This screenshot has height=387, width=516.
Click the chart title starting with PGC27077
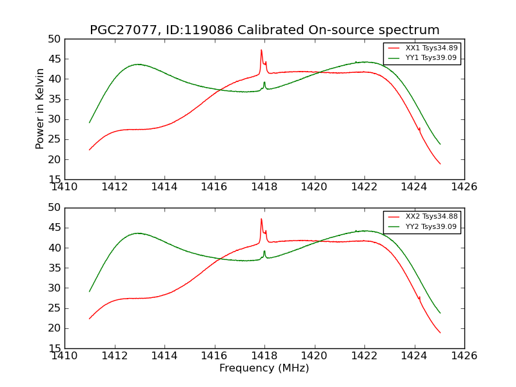[264, 30]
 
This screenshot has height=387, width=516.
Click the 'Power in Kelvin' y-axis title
[40, 108]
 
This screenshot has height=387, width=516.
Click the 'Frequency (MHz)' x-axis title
[264, 368]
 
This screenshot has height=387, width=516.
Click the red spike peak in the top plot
[261, 50]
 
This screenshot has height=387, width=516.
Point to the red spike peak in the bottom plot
[261, 219]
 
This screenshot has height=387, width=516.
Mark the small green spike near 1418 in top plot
[264, 82]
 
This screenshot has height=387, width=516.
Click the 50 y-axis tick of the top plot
[54, 39]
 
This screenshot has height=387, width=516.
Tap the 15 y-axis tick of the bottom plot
[54, 348]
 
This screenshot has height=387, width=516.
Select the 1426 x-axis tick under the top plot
[464, 186]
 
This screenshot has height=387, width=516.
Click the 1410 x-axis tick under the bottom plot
[65, 355]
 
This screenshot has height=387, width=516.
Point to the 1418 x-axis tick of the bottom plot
[264, 355]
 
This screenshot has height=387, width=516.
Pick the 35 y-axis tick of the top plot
[54, 99]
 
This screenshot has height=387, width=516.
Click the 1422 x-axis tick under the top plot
[364, 186]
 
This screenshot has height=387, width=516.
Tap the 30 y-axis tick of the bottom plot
[54, 288]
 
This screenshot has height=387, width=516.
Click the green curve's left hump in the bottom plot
[138, 233]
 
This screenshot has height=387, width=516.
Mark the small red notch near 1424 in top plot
[419, 128]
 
